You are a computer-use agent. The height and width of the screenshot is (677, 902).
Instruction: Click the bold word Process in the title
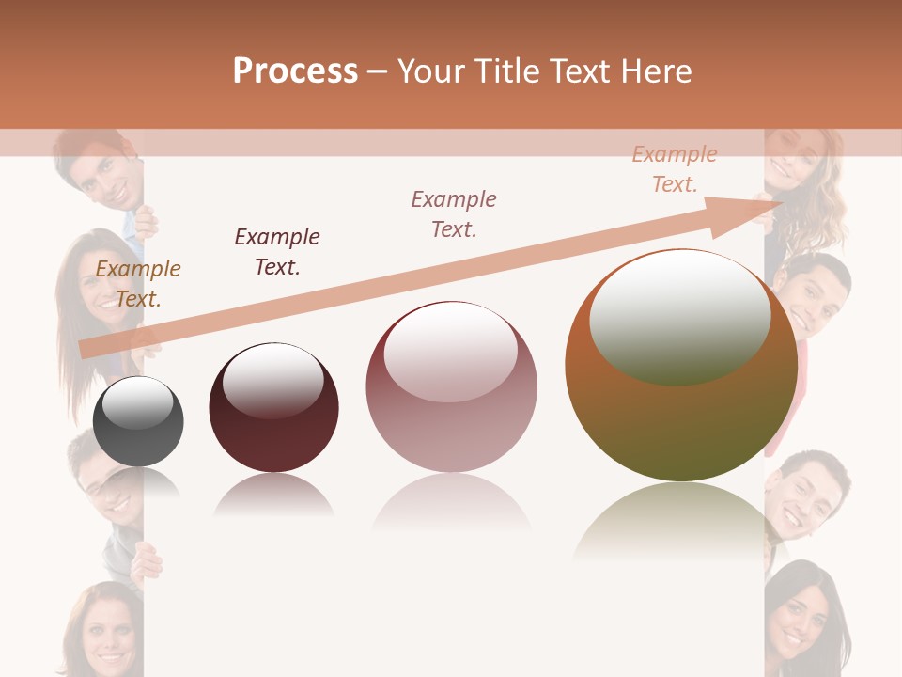tap(295, 71)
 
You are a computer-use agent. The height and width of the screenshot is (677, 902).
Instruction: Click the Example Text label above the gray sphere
tap(138, 284)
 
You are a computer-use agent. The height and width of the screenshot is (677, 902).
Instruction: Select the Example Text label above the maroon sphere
tap(277, 252)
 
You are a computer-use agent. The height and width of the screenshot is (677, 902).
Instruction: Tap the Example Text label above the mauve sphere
tap(454, 213)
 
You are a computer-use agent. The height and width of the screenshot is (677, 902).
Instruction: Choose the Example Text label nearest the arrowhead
tap(675, 169)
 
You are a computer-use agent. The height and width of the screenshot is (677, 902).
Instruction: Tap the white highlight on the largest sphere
tap(679, 315)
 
